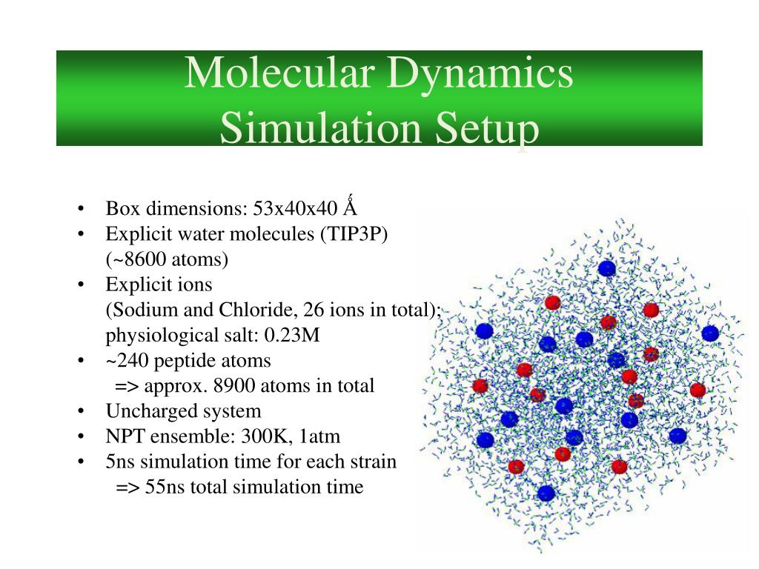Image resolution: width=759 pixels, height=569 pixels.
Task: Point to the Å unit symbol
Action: pyautogui.click(x=351, y=207)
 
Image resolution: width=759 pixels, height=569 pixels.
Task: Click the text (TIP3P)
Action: pyautogui.click(x=354, y=234)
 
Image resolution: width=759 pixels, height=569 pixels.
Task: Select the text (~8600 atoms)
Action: pyautogui.click(x=167, y=259)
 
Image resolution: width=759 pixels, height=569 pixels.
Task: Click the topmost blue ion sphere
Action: pyautogui.click(x=607, y=268)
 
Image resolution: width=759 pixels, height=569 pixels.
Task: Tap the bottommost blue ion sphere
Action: pyautogui.click(x=546, y=493)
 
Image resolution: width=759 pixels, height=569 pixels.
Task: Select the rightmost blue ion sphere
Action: pyautogui.click(x=710, y=333)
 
